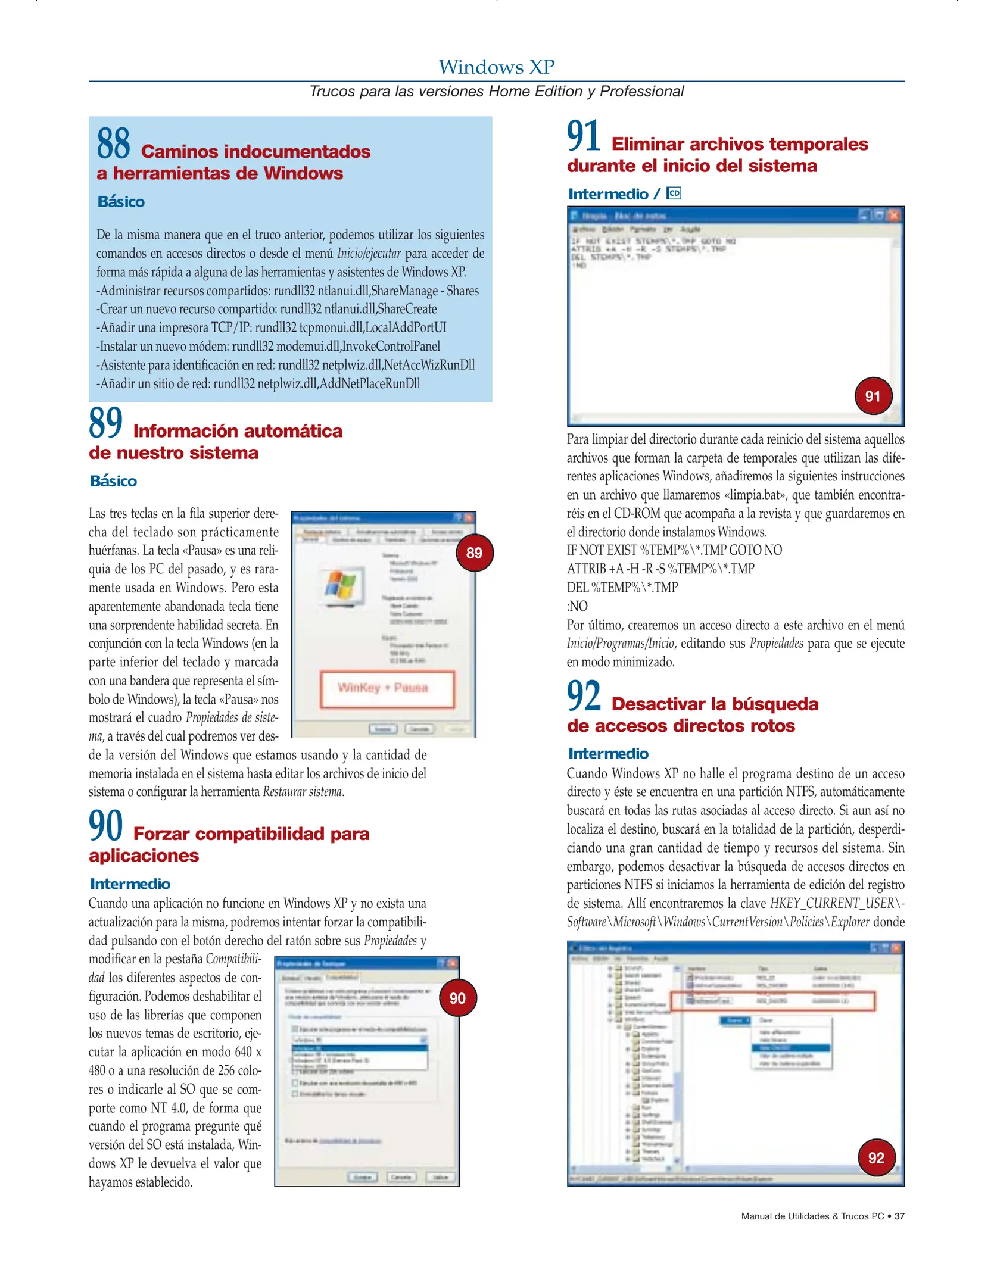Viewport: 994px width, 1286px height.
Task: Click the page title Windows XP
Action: (496, 67)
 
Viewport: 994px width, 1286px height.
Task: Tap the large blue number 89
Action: (105, 422)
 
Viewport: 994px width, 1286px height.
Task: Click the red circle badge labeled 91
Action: (873, 396)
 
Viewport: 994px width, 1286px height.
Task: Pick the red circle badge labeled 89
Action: (474, 553)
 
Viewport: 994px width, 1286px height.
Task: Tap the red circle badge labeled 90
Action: (457, 998)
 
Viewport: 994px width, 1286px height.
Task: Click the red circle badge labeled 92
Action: (876, 1157)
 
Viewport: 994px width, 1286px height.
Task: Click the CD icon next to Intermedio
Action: (674, 193)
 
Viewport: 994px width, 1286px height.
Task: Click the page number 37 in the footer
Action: (899, 1216)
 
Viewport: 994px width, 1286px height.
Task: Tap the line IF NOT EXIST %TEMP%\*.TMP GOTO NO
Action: (674, 550)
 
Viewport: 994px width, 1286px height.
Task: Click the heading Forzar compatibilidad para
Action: (251, 834)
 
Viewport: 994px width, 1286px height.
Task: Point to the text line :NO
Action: (577, 606)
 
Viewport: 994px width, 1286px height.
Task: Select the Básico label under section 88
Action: (121, 202)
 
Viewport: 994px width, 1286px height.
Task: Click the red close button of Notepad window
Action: (894, 215)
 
